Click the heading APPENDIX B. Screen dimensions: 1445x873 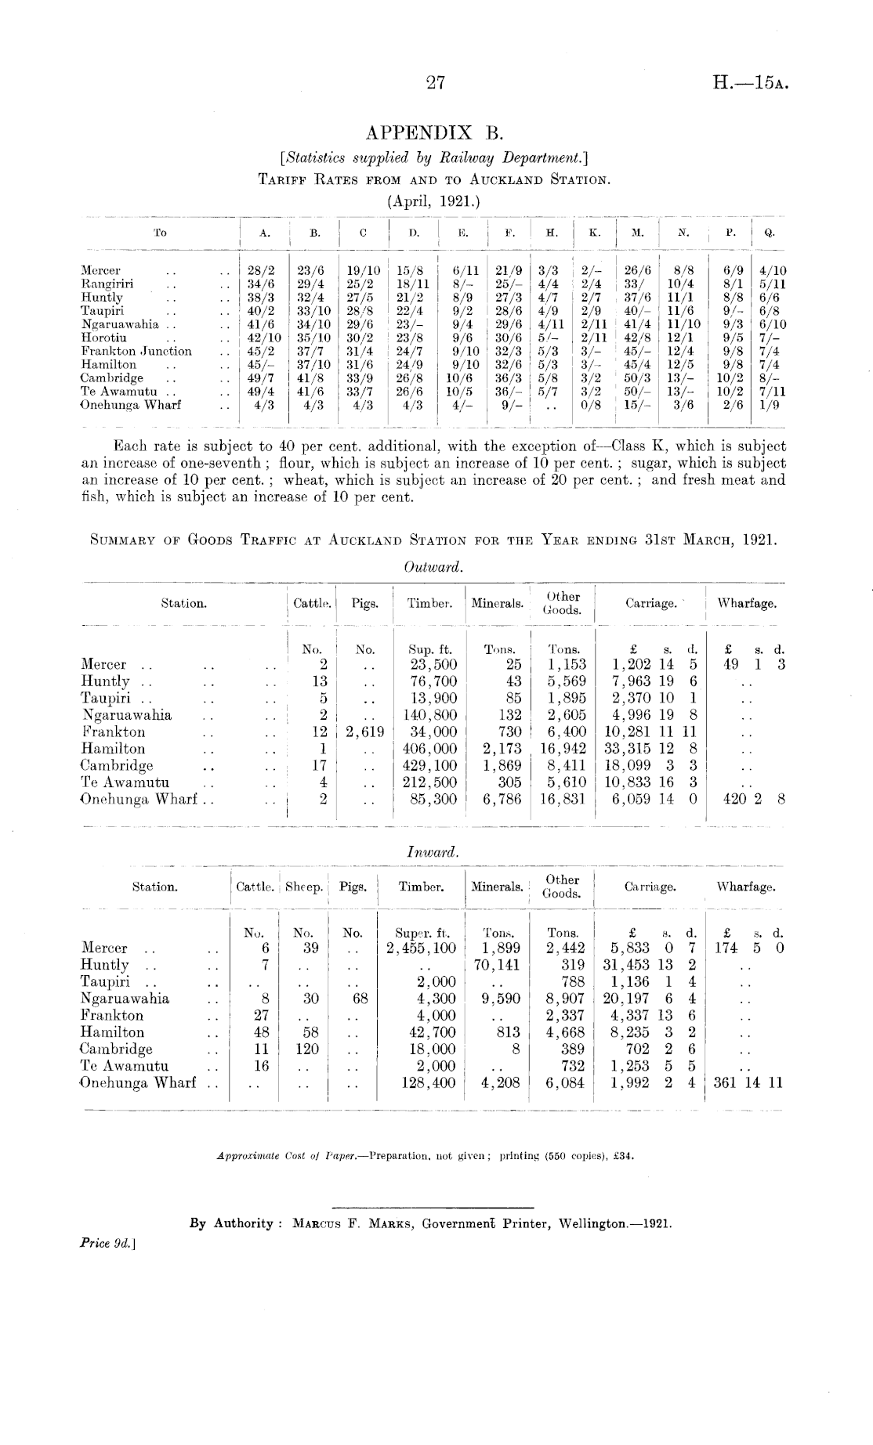[434, 132]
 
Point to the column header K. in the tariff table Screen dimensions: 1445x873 [595, 233]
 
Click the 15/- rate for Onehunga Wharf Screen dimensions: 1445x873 [636, 405]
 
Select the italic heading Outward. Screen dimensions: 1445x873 [433, 567]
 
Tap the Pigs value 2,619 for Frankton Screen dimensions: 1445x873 [364, 732]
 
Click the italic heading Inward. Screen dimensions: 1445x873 [433, 851]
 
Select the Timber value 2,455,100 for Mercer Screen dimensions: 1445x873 [422, 948]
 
